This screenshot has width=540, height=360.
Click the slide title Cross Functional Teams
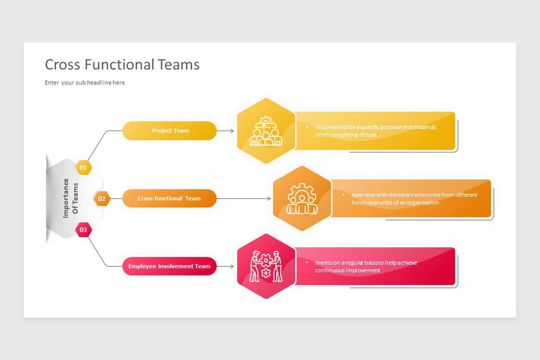(x=122, y=65)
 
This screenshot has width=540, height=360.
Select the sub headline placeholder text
(x=85, y=83)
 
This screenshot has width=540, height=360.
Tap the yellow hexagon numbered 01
(x=83, y=168)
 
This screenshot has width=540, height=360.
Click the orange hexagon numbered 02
(x=102, y=198)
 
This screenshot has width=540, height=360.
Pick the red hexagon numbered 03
(x=83, y=230)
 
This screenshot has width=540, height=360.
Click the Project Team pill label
(x=170, y=130)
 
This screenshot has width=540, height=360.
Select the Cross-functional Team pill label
(x=169, y=198)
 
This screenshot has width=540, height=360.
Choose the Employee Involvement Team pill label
(x=169, y=266)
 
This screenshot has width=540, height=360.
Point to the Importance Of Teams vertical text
(x=70, y=198)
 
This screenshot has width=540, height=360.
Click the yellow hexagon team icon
(x=266, y=131)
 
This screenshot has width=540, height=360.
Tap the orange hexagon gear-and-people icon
(x=302, y=198)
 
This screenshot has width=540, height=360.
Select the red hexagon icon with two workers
(x=266, y=266)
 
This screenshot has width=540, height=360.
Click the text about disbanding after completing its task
(x=375, y=131)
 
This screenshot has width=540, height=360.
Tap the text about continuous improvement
(x=365, y=266)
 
